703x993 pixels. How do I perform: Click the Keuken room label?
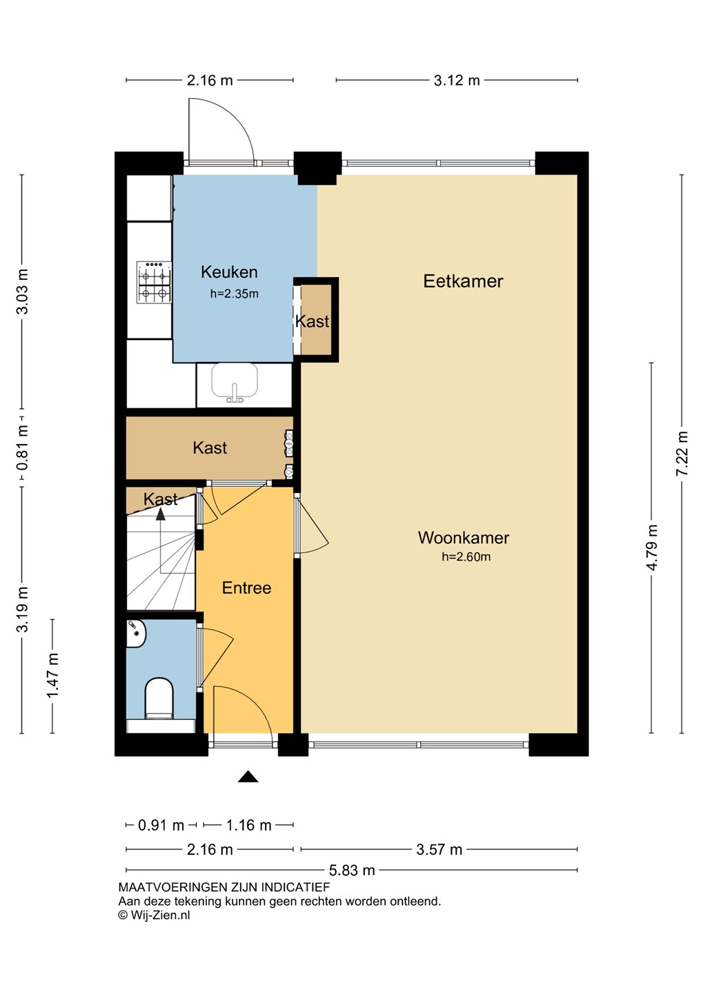229,272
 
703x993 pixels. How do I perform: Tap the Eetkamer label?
463,281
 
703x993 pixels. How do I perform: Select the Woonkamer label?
464,537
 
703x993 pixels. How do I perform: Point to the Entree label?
246,588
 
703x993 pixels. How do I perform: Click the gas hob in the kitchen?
154,283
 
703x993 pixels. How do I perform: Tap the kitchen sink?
235,383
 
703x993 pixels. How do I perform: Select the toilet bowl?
159,698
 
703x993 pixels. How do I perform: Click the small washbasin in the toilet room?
135,634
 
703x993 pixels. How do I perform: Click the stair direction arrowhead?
160,514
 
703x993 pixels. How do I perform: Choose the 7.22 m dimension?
682,454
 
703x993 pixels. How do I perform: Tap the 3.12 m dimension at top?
457,80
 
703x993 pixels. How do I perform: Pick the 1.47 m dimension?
53,676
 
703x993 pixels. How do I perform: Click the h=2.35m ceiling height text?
234,294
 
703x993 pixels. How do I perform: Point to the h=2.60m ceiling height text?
466,556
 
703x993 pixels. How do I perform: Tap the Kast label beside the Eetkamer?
313,321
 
